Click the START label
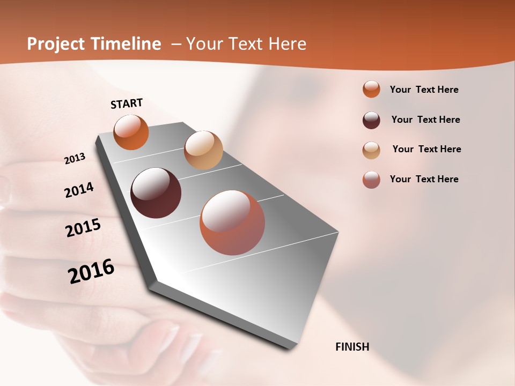point(127,103)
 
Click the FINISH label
point(352,347)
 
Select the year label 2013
point(75,159)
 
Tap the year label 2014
point(79,190)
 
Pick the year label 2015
point(83,228)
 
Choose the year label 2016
point(91,271)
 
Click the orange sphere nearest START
point(131,132)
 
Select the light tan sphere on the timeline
point(203,150)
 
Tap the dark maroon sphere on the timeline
point(156,193)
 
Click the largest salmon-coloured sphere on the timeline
point(232,222)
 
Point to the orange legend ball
point(371,89)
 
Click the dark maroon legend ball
point(371,120)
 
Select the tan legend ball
point(371,150)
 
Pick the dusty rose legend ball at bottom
point(371,180)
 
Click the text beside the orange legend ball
point(424,90)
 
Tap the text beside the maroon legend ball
point(425,120)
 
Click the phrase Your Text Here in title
point(246,44)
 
